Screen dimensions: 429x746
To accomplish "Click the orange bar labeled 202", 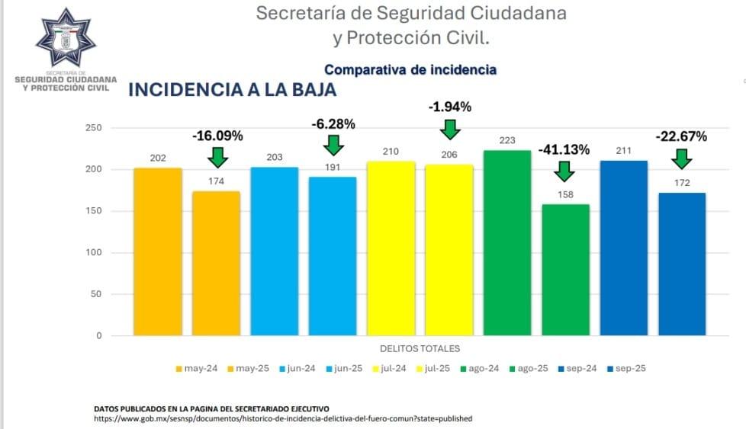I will pyautogui.click(x=158, y=251).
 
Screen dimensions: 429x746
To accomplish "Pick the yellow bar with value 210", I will pyautogui.click(x=391, y=248).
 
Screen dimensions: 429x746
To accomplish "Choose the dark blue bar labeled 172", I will pyautogui.click(x=682, y=263).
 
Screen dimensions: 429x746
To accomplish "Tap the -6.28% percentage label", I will pyautogui.click(x=333, y=123).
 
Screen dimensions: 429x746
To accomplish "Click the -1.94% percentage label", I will pyautogui.click(x=449, y=107).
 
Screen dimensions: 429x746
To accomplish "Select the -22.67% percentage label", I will pyautogui.click(x=681, y=137).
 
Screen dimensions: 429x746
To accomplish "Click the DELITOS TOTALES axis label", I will pyautogui.click(x=420, y=349).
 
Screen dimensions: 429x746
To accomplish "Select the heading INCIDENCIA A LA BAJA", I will pyautogui.click(x=232, y=89).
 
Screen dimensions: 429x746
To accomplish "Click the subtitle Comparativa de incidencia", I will pyautogui.click(x=410, y=69).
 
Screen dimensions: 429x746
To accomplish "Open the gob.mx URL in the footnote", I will pyautogui.click(x=283, y=418).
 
